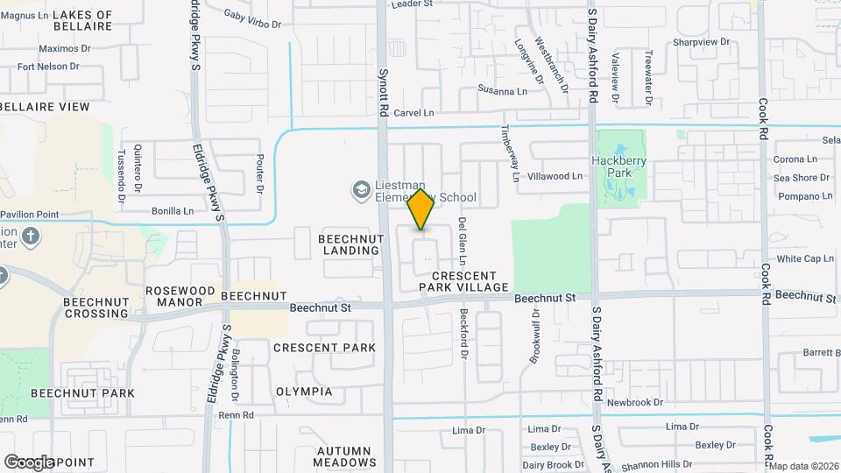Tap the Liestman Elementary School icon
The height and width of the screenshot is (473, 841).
tap(360, 189)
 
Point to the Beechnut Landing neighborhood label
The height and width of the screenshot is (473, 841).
tap(349, 244)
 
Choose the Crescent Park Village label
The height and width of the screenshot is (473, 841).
tap(463, 281)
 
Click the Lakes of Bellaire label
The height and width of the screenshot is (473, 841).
tap(82, 20)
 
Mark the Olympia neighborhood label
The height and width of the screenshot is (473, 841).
tap(304, 392)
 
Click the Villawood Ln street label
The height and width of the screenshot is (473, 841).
tap(555, 176)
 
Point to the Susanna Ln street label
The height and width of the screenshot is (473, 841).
tap(502, 90)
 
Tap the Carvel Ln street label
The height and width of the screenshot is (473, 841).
tap(413, 113)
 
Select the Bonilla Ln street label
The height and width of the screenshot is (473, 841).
tap(173, 211)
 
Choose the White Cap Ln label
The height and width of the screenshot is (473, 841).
tap(805, 259)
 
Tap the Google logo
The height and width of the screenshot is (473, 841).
tap(28, 462)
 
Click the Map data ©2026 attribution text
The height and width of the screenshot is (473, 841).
tap(804, 466)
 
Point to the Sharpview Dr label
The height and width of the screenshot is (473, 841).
tap(700, 42)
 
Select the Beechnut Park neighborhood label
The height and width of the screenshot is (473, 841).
tap(82, 393)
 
